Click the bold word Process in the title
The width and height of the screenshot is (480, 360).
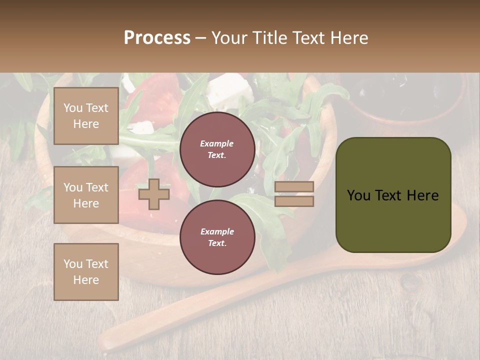coord(157,38)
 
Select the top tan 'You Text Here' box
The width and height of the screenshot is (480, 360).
coord(86,116)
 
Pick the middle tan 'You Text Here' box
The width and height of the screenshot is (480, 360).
coord(86,195)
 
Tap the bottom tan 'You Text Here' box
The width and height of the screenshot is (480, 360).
coord(86,271)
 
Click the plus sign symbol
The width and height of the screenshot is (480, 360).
coord(154,194)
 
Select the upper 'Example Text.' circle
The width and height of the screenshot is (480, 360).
coord(217,149)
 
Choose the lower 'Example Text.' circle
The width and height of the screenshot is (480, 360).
coord(217,237)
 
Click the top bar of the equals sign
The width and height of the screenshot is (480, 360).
coord(294,186)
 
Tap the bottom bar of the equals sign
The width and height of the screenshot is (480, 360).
coord(294,201)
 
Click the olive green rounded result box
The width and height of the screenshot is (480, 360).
coord(393,195)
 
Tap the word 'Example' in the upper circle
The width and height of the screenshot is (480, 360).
coord(216,143)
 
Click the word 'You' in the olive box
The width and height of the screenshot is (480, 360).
coord(358,195)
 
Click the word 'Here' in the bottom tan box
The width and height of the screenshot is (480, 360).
coord(86,280)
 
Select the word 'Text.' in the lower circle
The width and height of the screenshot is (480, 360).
coord(217,243)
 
